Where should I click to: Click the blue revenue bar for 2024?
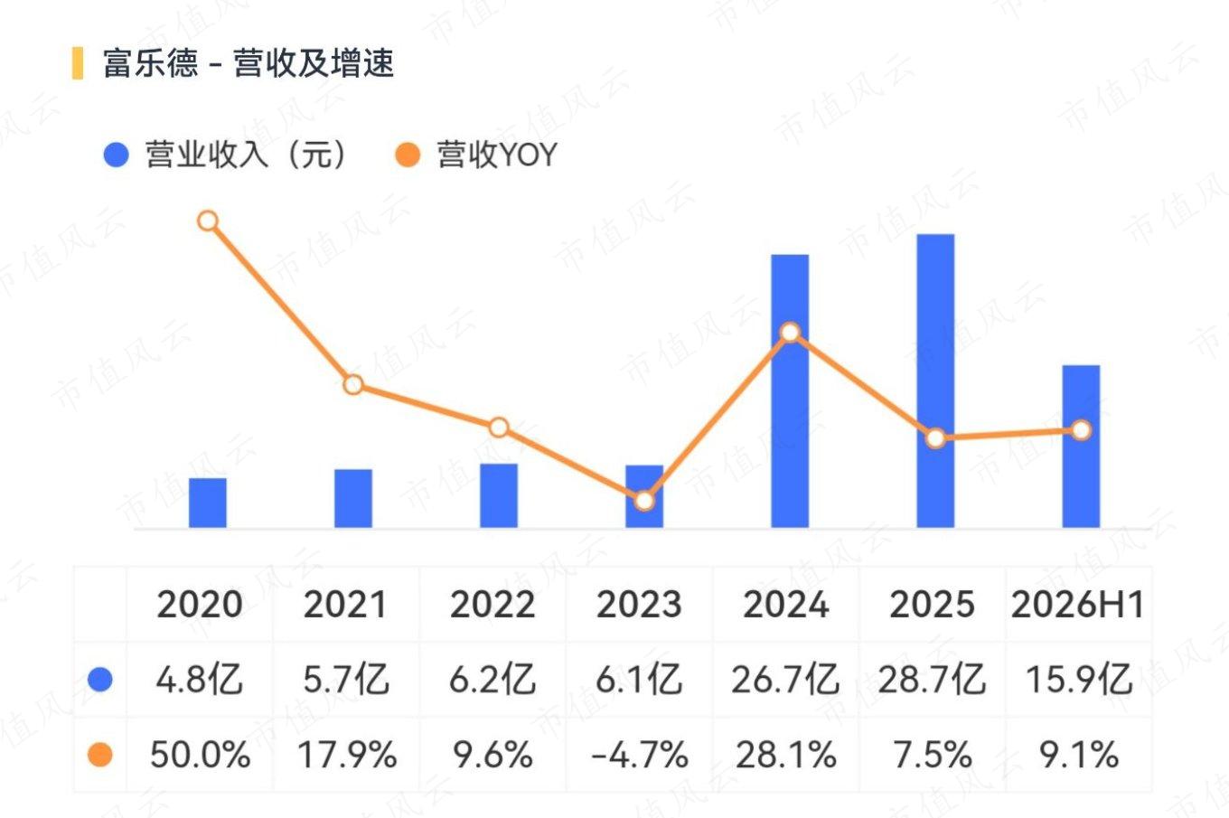click(x=790, y=391)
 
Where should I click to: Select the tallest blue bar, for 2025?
click(x=935, y=381)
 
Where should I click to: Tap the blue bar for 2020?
click(x=208, y=503)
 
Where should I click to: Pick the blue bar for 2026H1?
click(x=1081, y=447)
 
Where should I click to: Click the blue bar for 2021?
click(x=353, y=499)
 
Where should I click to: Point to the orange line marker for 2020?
click(x=208, y=221)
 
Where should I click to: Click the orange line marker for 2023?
click(x=644, y=501)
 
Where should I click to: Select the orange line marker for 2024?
click(x=790, y=333)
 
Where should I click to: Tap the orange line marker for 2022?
click(x=499, y=427)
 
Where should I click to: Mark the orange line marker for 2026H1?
click(x=1081, y=430)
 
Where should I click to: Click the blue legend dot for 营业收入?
click(x=116, y=155)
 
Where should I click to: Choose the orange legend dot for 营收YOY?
click(x=408, y=155)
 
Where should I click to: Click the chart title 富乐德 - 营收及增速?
click(x=248, y=63)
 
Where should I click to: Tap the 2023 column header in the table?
click(x=639, y=605)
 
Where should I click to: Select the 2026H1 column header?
click(x=1077, y=605)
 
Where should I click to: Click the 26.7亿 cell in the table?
click(x=785, y=680)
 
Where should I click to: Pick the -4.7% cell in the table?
click(x=639, y=755)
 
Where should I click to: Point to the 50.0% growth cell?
click(x=201, y=755)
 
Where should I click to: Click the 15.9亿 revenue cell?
click(x=1079, y=680)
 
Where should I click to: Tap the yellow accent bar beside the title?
click(x=78, y=63)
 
